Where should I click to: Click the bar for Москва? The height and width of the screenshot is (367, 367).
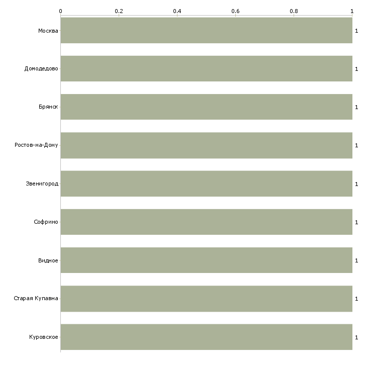[x=207, y=31]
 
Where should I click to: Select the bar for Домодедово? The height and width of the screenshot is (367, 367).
[x=207, y=68]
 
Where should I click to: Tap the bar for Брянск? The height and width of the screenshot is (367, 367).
[x=207, y=107]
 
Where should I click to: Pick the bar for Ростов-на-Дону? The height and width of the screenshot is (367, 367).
[x=207, y=145]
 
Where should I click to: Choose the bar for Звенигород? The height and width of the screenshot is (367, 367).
[x=207, y=183]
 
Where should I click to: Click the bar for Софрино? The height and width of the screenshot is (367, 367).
[x=207, y=222]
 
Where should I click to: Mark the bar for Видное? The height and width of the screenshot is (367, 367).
[x=207, y=260]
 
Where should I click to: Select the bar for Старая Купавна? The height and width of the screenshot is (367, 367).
[x=207, y=299]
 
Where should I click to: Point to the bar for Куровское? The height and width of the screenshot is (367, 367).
[x=207, y=337]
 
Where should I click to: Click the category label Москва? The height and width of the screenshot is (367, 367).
[x=48, y=31]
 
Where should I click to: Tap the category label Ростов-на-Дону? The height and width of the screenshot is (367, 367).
[x=36, y=145]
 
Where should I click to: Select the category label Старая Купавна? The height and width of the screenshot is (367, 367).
[x=36, y=298]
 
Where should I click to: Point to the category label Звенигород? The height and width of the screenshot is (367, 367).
[x=42, y=183]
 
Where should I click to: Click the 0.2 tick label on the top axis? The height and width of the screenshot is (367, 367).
[x=119, y=11]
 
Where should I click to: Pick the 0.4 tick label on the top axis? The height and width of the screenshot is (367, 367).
[x=177, y=11]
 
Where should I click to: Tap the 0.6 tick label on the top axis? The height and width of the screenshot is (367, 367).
[x=235, y=11]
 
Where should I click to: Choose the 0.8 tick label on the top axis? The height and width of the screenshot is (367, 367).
[x=294, y=11]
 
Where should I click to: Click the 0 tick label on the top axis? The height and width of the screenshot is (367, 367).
[x=61, y=11]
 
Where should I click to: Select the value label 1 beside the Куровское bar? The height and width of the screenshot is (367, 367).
[x=356, y=337]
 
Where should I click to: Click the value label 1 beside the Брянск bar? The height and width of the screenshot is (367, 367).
[x=356, y=107]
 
